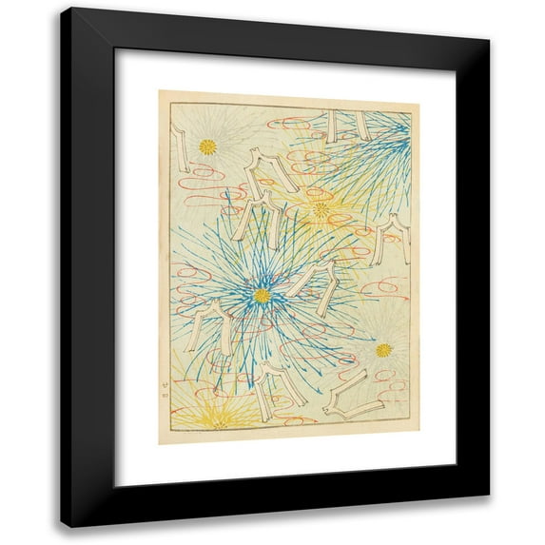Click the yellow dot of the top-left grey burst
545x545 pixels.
[207, 146]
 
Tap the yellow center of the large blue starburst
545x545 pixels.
[262, 296]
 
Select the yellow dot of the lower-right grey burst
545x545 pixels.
[383, 350]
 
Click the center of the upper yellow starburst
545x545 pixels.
[321, 208]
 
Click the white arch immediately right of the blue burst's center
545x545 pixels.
[315, 286]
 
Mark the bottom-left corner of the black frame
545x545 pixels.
[63, 526]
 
